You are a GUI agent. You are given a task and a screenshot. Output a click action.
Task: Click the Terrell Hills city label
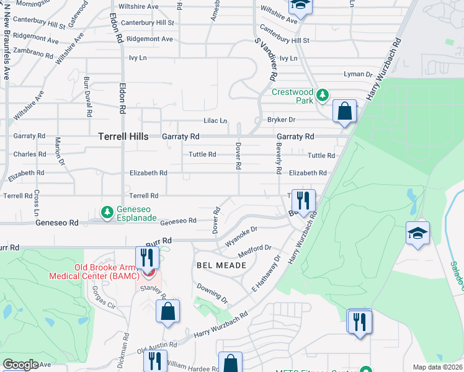[x=123, y=136]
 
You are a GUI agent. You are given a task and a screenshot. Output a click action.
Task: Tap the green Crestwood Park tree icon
[x=322, y=95]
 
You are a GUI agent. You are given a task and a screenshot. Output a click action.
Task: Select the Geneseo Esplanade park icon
[x=107, y=213]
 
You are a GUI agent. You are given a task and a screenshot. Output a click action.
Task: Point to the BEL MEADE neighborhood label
[x=221, y=265]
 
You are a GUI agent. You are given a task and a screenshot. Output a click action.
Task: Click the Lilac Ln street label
[x=215, y=121]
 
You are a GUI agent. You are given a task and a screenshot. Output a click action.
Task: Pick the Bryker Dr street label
[x=281, y=119]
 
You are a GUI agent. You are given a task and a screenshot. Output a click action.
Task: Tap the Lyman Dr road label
[x=358, y=74]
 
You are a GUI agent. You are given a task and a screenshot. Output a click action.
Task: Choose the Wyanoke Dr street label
[x=241, y=234]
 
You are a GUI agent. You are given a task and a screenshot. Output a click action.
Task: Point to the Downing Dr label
[x=212, y=293]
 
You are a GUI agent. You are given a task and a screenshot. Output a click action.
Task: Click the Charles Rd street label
[x=30, y=154]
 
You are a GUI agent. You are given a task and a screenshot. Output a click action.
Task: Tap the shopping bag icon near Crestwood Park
[x=345, y=112]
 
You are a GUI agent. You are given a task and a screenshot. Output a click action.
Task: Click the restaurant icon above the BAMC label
[x=147, y=257]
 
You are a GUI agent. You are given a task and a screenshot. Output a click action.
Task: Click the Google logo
[x=20, y=365]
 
